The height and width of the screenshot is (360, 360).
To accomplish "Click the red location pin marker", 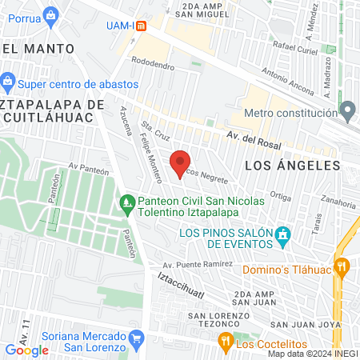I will pos(181,162).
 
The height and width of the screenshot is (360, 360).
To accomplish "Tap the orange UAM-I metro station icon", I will pos(141,25).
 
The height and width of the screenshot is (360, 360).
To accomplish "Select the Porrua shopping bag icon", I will pos(51,14).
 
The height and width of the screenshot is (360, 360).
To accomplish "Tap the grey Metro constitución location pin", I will pos(347,109).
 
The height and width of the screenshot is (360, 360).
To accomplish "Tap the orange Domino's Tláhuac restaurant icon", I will pos(342,266).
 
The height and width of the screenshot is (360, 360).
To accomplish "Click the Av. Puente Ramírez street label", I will pos(198,264).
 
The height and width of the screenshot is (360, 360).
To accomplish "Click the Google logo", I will pos(26,350).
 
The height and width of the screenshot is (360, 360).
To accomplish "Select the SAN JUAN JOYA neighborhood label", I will pos(302,324).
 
